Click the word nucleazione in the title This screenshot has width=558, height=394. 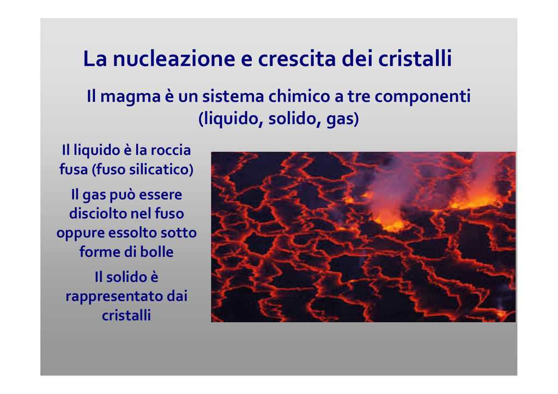pos(174,59)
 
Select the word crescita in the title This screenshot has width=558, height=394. pos(296,59)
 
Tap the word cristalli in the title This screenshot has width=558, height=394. pos(415,59)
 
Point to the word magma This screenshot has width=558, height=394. pos(130,97)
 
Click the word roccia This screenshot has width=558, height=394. pos(171,150)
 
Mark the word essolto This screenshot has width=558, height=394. pos(132,233)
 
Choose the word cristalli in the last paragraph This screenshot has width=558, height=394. pos(126,316)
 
